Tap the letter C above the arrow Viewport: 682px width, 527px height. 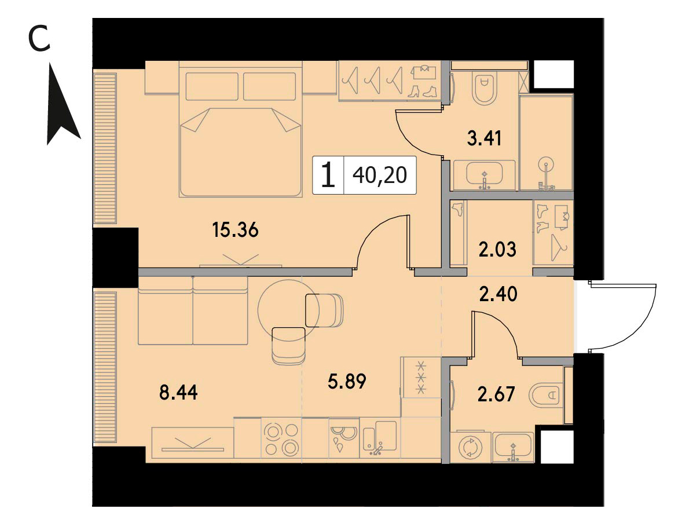[39, 38]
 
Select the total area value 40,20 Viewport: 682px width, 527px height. [380, 175]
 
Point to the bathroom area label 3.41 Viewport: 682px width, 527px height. [484, 138]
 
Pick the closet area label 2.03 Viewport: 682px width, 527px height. [497, 250]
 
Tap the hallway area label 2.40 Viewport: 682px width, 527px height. [498, 294]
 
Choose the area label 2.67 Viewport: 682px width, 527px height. [496, 394]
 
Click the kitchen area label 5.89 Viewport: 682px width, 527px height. [347, 381]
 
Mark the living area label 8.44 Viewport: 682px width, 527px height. [178, 393]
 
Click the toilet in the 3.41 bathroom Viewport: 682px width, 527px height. [483, 89]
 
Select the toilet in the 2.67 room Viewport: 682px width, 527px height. [546, 395]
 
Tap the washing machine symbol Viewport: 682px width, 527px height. [471, 447]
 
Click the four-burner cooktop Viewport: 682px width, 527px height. [281, 438]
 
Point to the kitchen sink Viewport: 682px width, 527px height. [379, 437]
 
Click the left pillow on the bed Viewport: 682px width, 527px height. [212, 86]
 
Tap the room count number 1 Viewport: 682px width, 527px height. [328, 174]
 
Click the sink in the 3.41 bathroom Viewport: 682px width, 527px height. [484, 175]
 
